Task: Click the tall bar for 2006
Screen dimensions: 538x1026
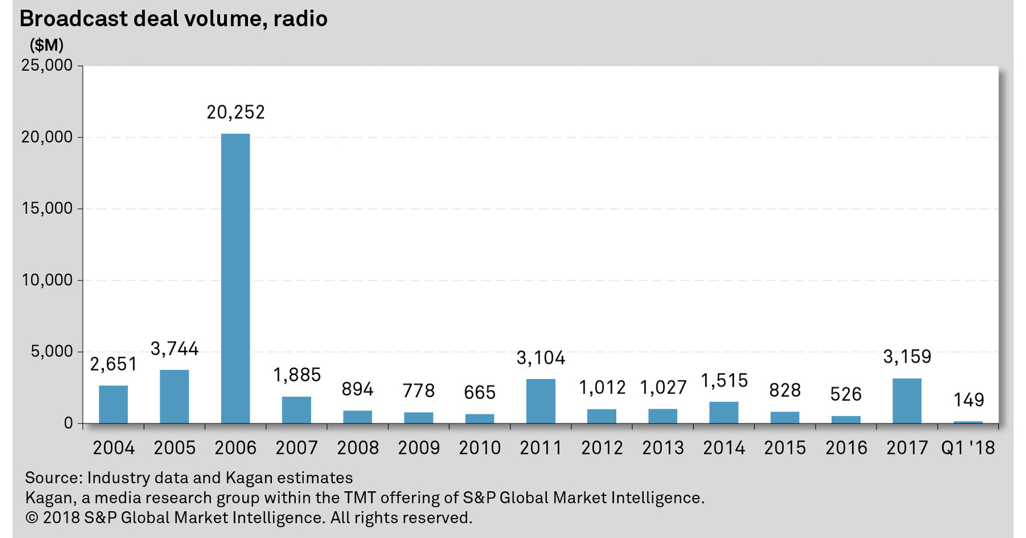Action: pos(235,279)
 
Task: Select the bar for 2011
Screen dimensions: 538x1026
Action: pos(540,401)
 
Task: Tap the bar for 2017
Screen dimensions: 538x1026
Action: pos(906,401)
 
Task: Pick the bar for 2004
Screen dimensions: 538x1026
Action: pos(113,404)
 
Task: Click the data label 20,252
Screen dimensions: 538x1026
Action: pos(235,112)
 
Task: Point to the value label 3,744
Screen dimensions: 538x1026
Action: pos(175,349)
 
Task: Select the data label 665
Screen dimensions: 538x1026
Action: pos(480,393)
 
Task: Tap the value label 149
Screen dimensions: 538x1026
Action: pos(968,400)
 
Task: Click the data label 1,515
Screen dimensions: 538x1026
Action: pos(724,381)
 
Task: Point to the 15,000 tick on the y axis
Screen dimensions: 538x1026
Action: pos(48,209)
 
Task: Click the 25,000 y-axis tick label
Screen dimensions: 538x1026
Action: pos(48,65)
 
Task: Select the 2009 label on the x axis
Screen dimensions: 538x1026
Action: pos(418,448)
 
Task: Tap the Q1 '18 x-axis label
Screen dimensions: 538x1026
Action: pos(968,448)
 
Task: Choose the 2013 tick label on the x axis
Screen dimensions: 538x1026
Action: pos(662,448)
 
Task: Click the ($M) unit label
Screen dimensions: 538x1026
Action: pos(47,45)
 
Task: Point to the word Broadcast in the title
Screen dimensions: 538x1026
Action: pos(73,19)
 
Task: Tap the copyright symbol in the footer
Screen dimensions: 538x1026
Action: pos(31,518)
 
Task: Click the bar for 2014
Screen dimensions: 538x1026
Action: pos(724,412)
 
